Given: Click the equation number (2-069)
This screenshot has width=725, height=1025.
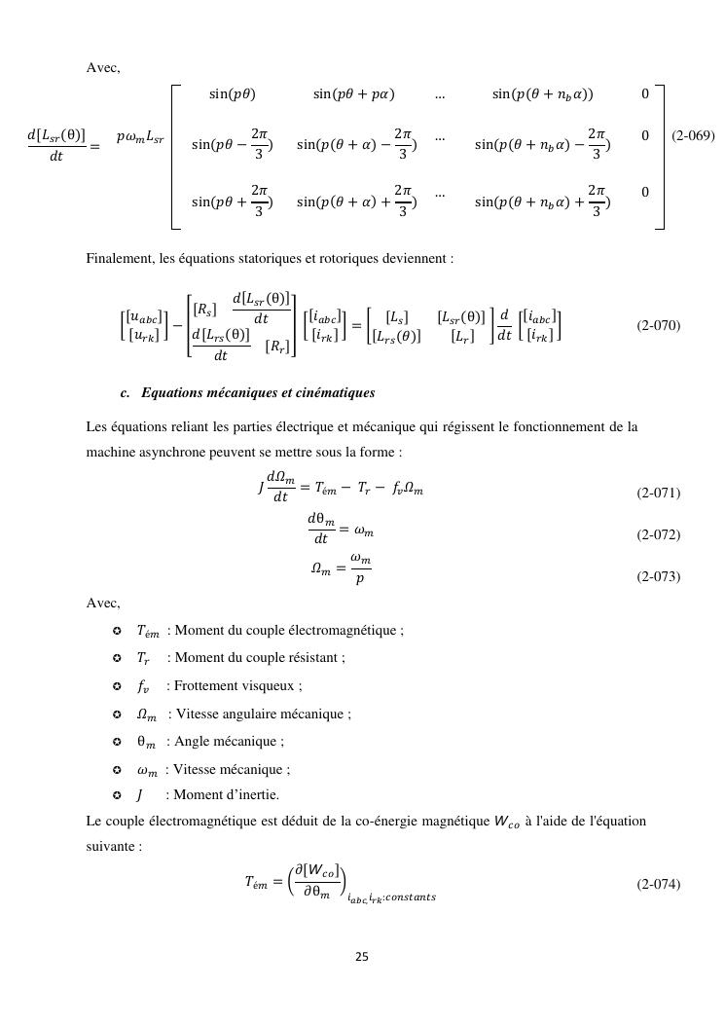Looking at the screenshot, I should point(693,136).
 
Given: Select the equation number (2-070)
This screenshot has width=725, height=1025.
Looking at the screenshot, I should point(659,326).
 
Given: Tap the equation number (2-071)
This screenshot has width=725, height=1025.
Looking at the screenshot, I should point(659,494).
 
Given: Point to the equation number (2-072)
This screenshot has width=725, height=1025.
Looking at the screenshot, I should point(659,535).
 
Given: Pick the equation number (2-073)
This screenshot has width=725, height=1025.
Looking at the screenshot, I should point(659,577).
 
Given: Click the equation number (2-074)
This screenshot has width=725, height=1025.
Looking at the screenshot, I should point(659,884).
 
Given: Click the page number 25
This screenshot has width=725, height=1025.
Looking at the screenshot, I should point(362,957).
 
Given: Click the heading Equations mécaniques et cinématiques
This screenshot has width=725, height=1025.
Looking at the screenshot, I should point(258,393).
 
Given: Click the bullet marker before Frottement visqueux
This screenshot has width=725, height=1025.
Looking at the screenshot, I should point(117,686).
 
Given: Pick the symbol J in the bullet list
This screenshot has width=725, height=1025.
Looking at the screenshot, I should point(140,794).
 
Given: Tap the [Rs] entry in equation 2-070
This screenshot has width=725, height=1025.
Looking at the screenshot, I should point(204,311).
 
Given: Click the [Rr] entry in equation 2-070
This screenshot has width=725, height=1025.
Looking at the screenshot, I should point(276,347).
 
